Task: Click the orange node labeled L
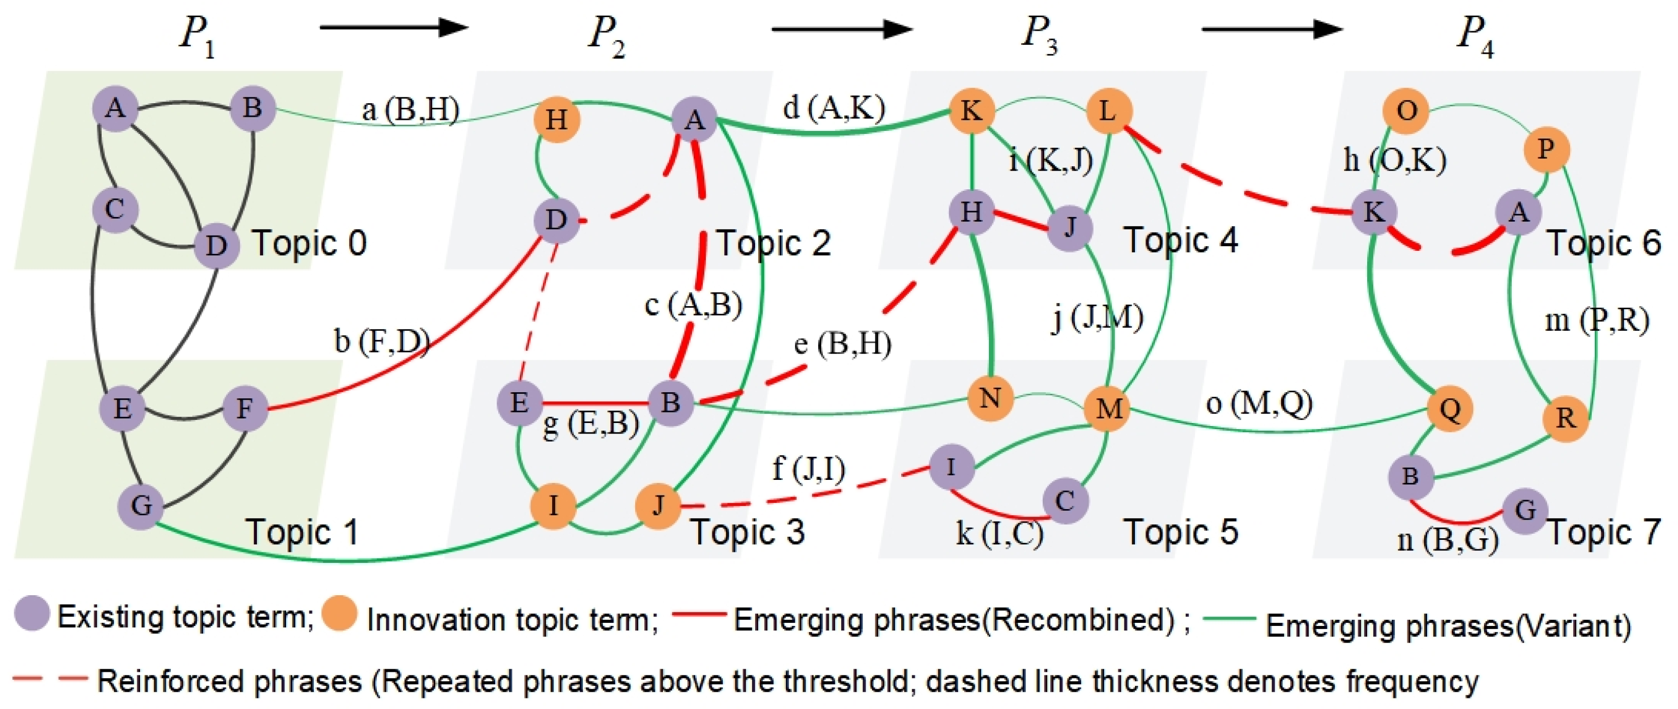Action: (x=1108, y=112)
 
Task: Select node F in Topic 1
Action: (x=245, y=408)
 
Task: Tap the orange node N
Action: (x=990, y=398)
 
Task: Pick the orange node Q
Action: (x=1450, y=409)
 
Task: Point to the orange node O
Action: (x=1405, y=111)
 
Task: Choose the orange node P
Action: (x=1547, y=150)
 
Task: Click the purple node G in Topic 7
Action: (x=1525, y=511)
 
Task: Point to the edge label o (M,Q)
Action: (x=1258, y=404)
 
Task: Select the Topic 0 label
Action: (x=309, y=244)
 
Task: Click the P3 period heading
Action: (x=1039, y=34)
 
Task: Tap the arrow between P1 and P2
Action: (x=393, y=27)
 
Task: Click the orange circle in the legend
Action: (x=339, y=614)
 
